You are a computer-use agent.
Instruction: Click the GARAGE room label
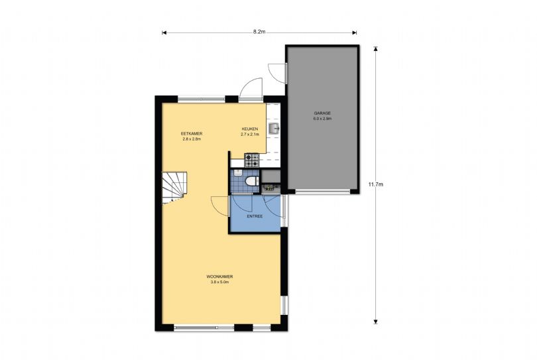click(322, 113)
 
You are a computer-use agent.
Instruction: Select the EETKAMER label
click(191, 133)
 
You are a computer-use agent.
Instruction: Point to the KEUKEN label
click(249, 129)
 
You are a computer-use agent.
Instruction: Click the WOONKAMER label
click(219, 276)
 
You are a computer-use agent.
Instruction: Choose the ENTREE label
click(255, 216)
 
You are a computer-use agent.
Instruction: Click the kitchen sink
click(274, 127)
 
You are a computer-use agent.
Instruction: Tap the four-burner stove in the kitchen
click(252, 159)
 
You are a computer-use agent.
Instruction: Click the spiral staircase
click(175, 186)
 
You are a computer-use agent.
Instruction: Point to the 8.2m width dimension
click(259, 32)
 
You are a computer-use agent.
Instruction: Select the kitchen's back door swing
click(252, 88)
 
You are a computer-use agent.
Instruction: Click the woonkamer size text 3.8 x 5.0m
click(219, 282)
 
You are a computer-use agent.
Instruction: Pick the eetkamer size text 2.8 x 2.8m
click(191, 139)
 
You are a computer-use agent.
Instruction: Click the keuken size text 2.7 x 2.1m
click(249, 135)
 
